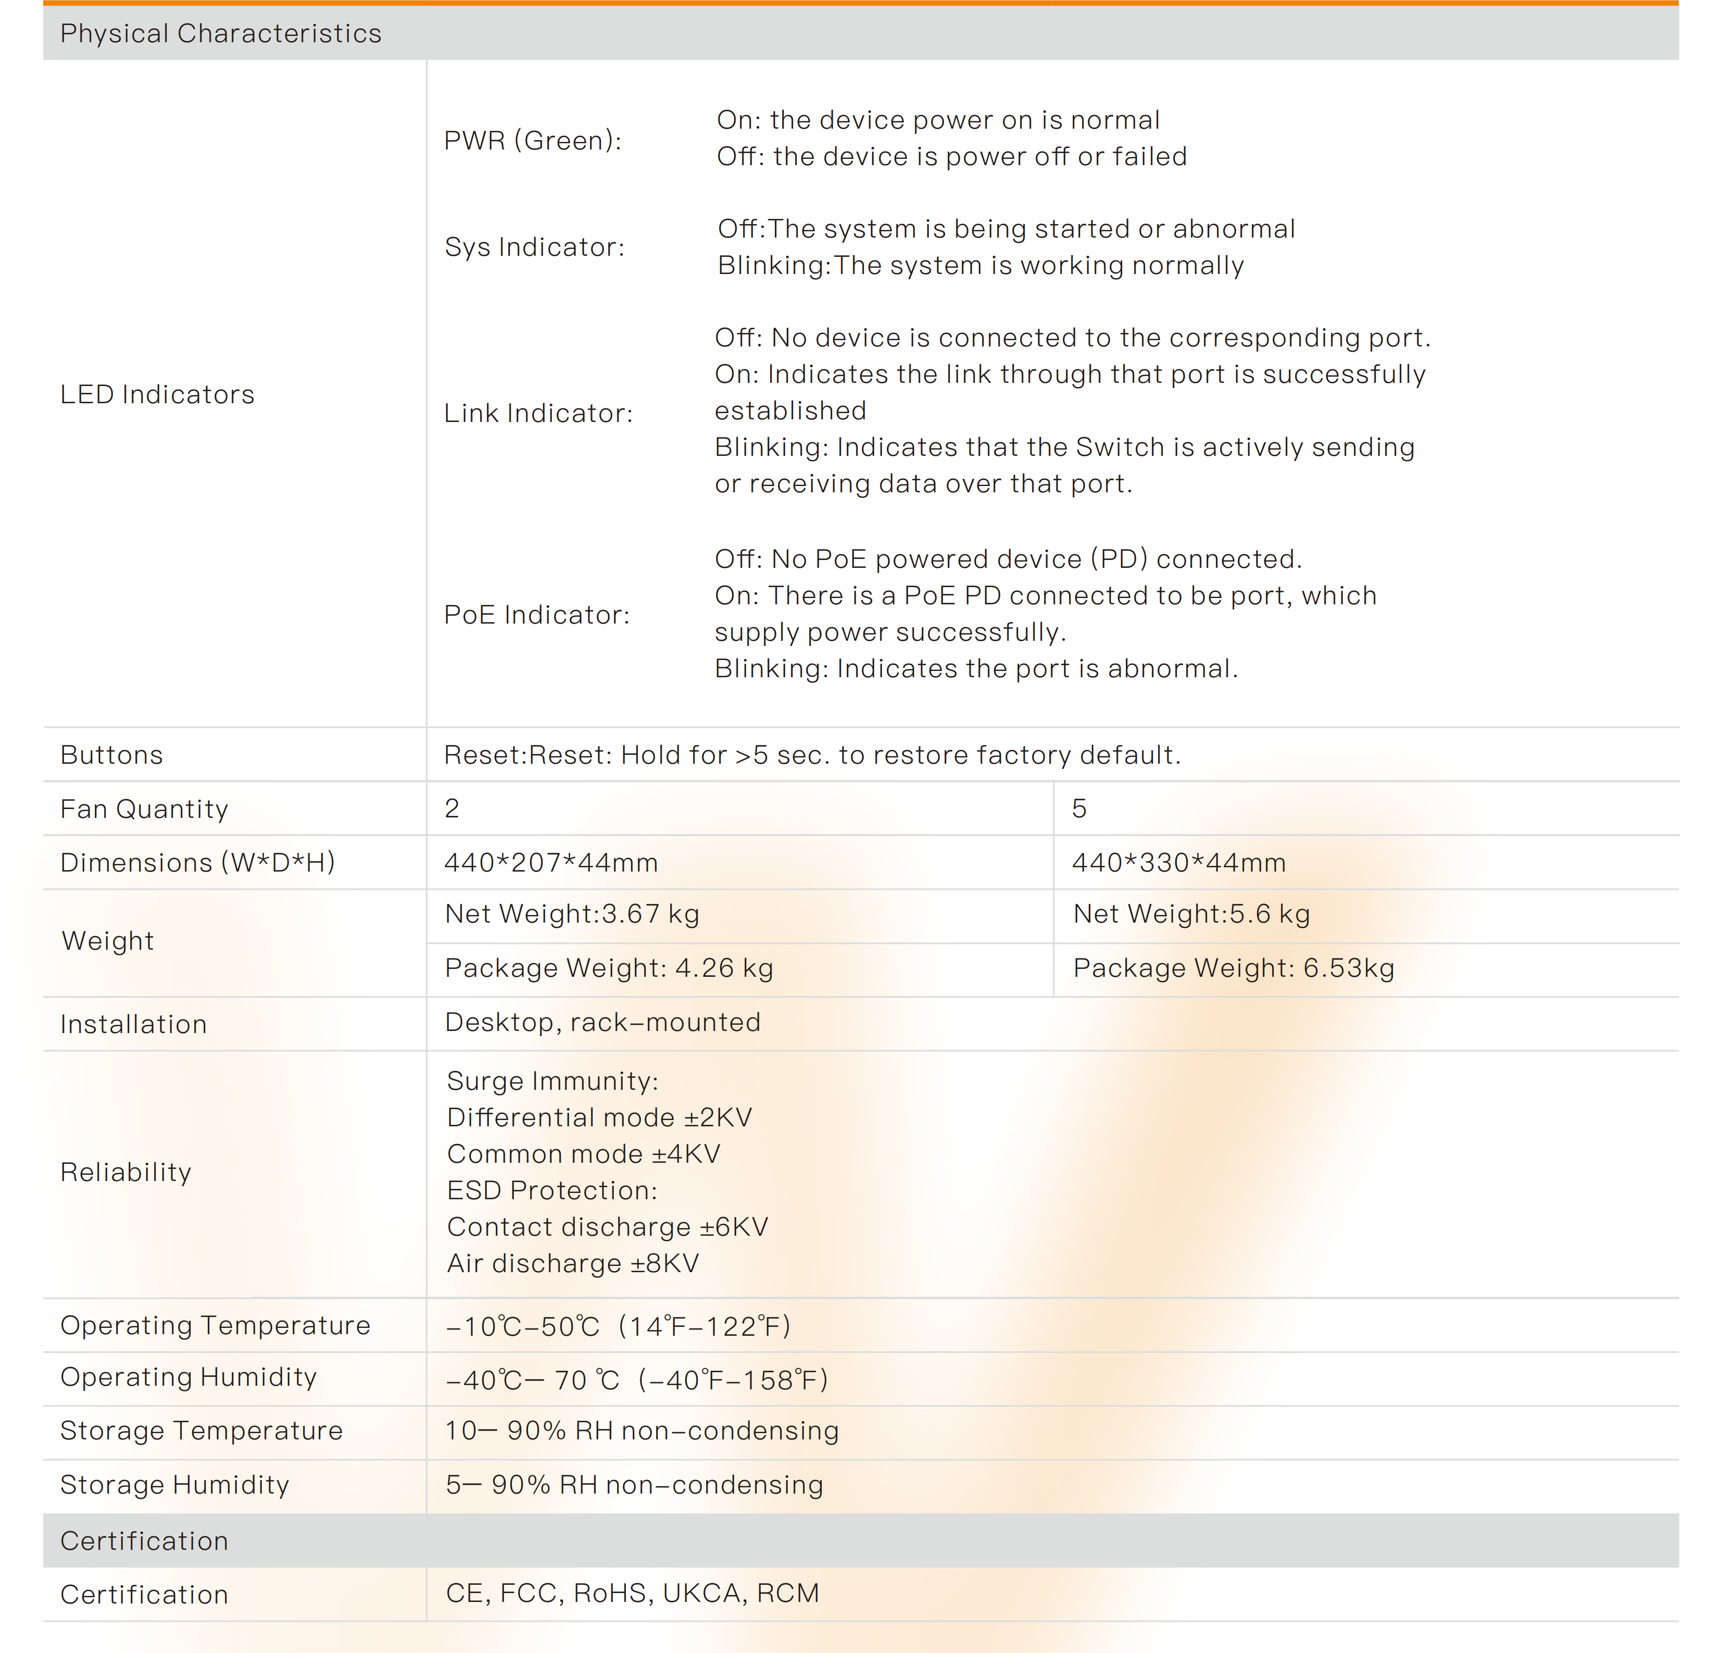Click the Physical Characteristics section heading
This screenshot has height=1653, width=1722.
(220, 33)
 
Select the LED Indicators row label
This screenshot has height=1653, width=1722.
(157, 394)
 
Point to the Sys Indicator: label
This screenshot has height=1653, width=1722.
(534, 247)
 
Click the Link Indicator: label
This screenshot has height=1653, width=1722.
(538, 413)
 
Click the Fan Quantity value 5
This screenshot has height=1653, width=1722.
(1079, 809)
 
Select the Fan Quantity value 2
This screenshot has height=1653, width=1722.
(451, 809)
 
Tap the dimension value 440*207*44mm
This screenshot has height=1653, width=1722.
(551, 863)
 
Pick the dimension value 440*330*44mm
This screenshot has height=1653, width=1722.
(1178, 863)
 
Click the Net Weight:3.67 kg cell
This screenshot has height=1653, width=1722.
(572, 914)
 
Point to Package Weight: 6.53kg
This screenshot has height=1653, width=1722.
(1234, 968)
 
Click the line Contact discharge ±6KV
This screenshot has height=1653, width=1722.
(607, 1227)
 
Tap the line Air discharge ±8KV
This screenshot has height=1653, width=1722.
(573, 1264)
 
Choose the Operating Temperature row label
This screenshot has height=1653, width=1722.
(215, 1325)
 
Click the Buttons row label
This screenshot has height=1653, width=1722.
(111, 755)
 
